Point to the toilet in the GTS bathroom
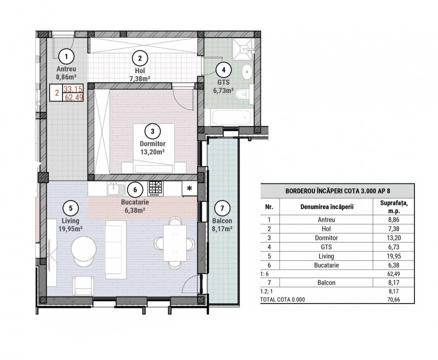point(243,93)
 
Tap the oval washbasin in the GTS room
point(246,72)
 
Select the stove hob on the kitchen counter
point(155,188)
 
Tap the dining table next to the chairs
point(174,243)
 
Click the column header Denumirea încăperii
point(326,207)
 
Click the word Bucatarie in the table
point(326,264)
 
